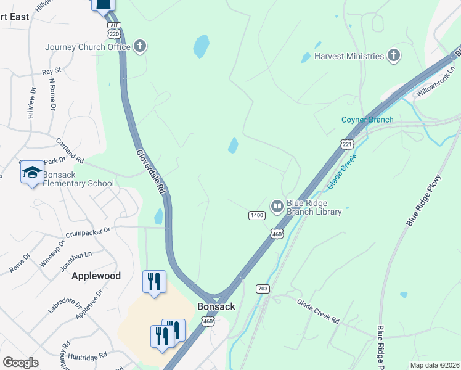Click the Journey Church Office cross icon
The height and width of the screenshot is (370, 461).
click(140, 47)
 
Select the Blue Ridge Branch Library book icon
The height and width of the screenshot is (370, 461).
click(277, 206)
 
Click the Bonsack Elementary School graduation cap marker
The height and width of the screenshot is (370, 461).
click(32, 172)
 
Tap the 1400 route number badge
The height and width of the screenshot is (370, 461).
click(257, 215)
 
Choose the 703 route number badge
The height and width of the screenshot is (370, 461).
click(262, 289)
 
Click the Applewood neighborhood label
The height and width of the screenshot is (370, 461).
click(96, 276)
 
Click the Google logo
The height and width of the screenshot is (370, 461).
click(20, 363)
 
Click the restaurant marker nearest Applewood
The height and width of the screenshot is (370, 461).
click(154, 281)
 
